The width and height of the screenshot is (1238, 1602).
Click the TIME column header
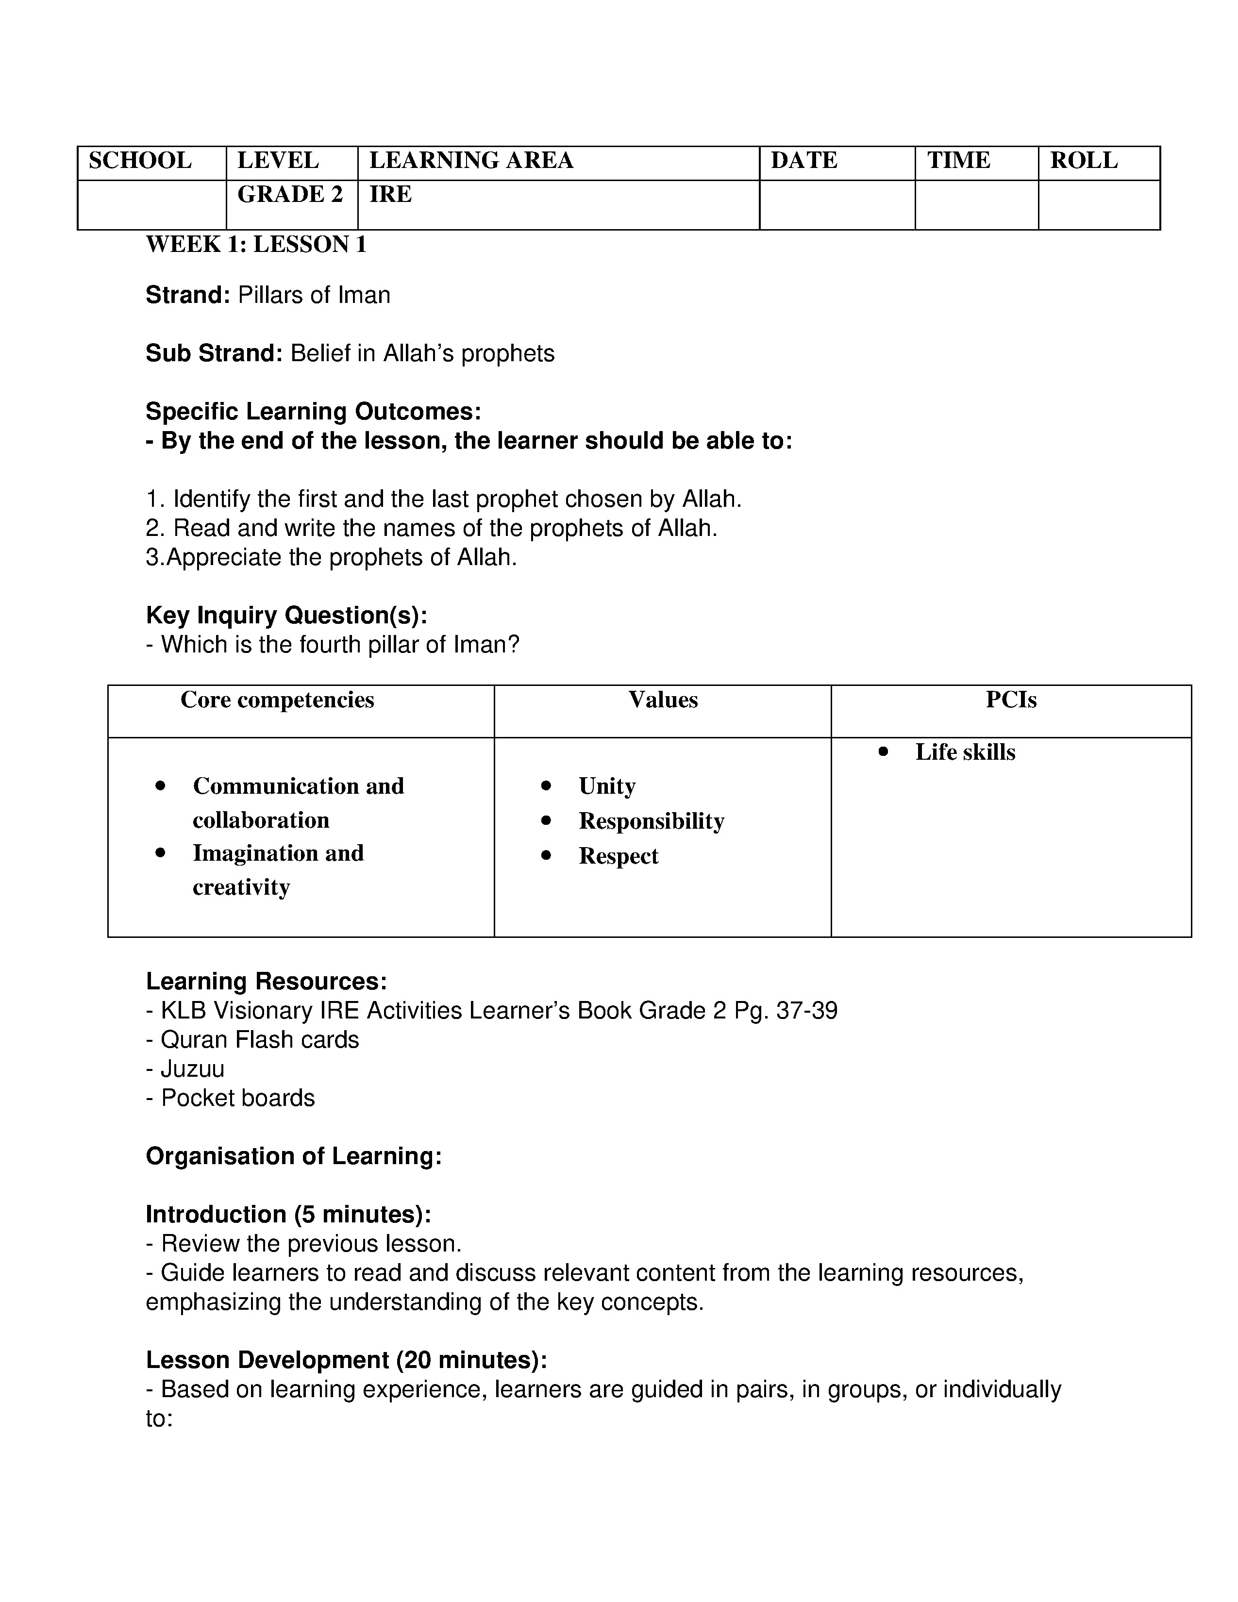pyautogui.click(x=958, y=161)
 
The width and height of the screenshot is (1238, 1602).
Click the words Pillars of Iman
pyautogui.click(x=314, y=295)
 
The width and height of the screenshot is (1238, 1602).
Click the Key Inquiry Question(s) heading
pyautogui.click(x=286, y=616)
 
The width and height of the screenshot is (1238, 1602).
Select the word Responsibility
pyautogui.click(x=651, y=821)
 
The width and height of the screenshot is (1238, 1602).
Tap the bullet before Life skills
pyautogui.click(x=883, y=751)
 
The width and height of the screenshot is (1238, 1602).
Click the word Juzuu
pyautogui.click(x=192, y=1069)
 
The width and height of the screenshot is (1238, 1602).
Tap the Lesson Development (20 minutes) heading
pyautogui.click(x=346, y=1360)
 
